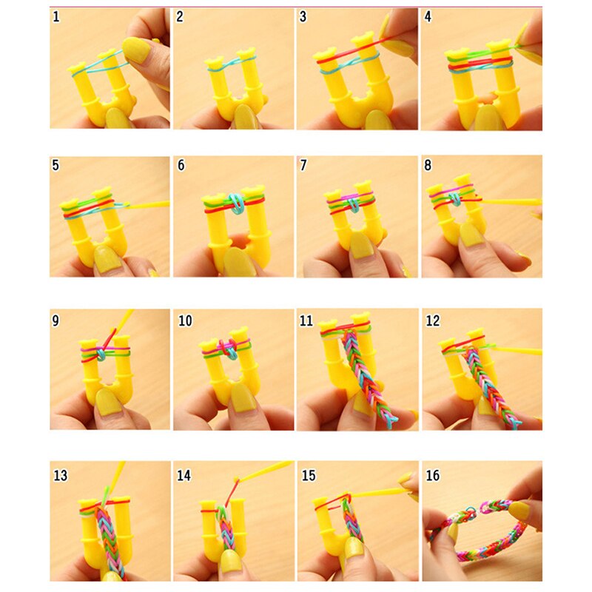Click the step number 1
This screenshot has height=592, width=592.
(56, 17)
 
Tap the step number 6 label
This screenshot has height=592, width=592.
(181, 166)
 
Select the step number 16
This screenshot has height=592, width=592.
(433, 474)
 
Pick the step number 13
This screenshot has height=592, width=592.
(59, 474)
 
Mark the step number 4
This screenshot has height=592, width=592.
(428, 17)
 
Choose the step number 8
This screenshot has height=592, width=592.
(428, 166)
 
